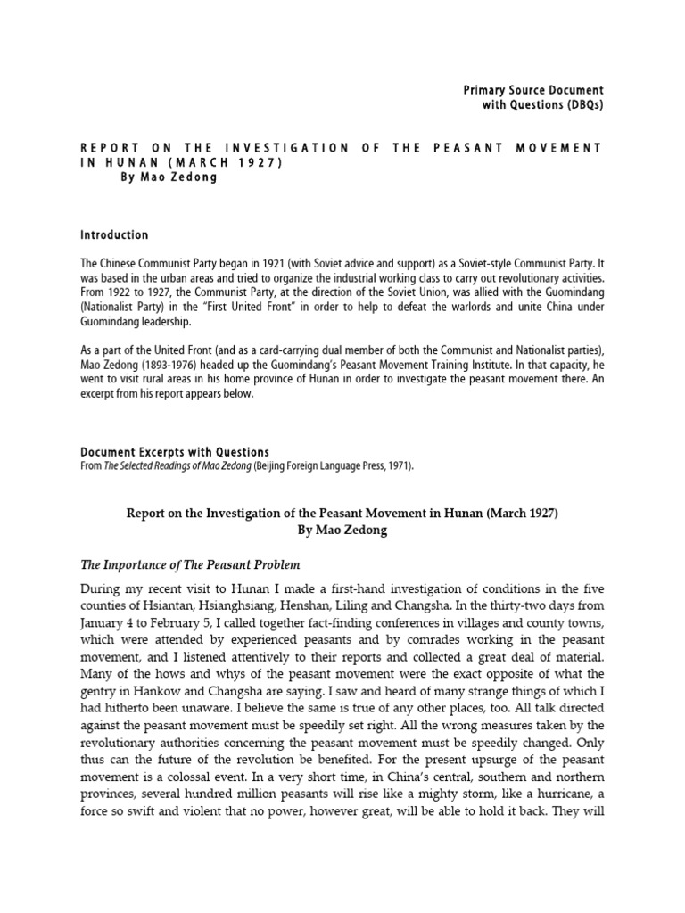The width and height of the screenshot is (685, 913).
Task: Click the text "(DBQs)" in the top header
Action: click(581, 105)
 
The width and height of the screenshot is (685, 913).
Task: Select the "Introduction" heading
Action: click(114, 235)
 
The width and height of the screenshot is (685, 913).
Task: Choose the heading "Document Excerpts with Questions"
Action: click(175, 452)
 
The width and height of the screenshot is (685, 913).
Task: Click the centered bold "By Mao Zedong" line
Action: click(342, 529)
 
